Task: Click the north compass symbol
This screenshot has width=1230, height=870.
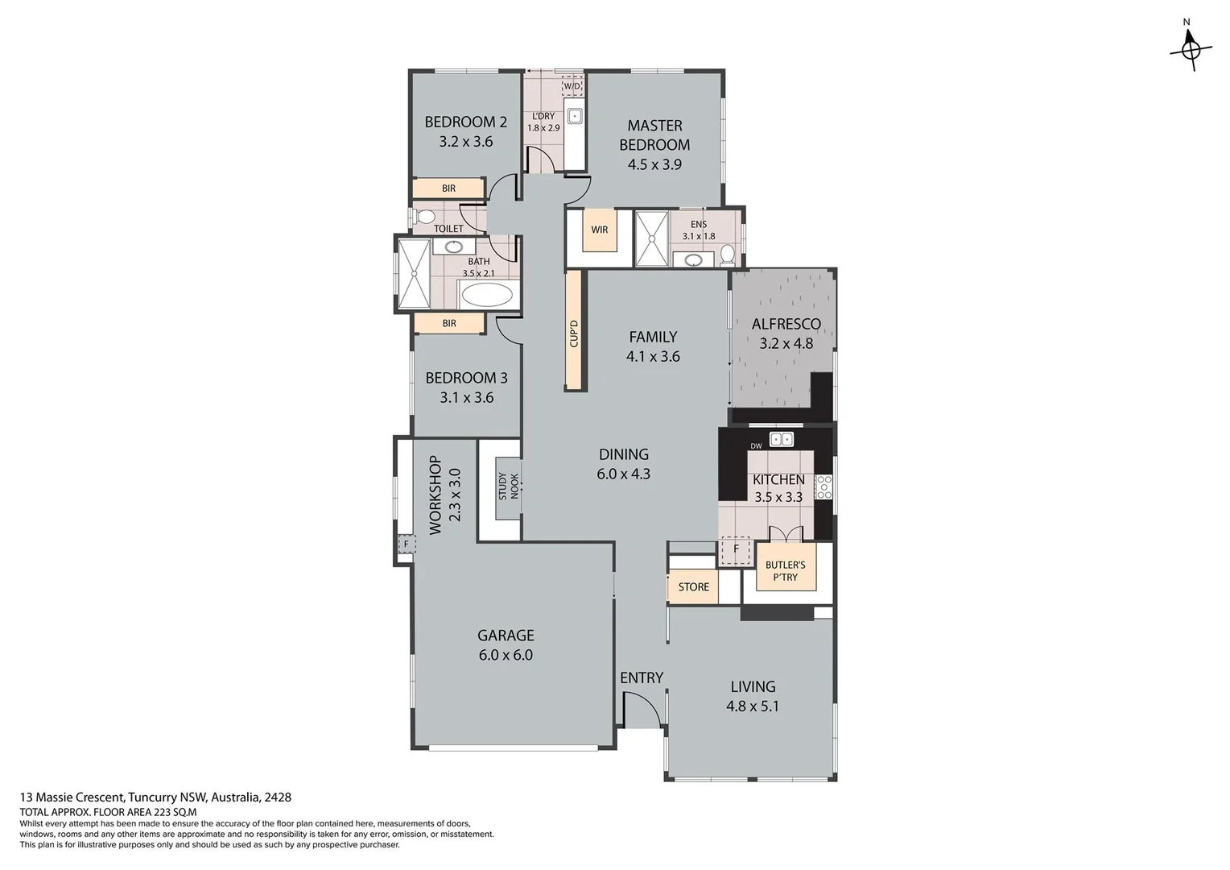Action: [1191, 49]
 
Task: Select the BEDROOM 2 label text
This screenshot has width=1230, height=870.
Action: [465, 122]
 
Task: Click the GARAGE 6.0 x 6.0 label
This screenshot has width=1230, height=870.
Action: [506, 645]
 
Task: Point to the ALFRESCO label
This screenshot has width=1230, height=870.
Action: [786, 325]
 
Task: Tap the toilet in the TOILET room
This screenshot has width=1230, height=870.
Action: [425, 217]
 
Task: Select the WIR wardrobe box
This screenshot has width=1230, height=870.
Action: [600, 230]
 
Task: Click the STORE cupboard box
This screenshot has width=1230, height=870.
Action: [693, 587]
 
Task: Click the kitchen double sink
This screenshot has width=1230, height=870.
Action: [781, 440]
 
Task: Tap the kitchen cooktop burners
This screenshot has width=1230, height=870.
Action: [823, 487]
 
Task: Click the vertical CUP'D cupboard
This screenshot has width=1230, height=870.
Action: [574, 330]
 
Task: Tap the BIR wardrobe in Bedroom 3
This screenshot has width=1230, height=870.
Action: [449, 324]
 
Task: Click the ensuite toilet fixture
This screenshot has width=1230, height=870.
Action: [727, 255]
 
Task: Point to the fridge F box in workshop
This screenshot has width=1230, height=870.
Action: [406, 545]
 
